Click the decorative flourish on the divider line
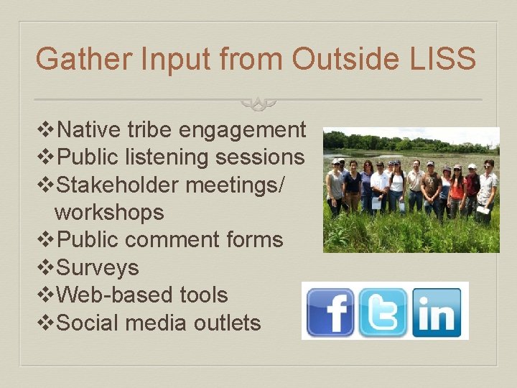pyautogui.click(x=258, y=103)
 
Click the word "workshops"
pyautogui.click(x=109, y=213)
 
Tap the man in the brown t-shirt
pyautogui.click(x=431, y=188)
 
